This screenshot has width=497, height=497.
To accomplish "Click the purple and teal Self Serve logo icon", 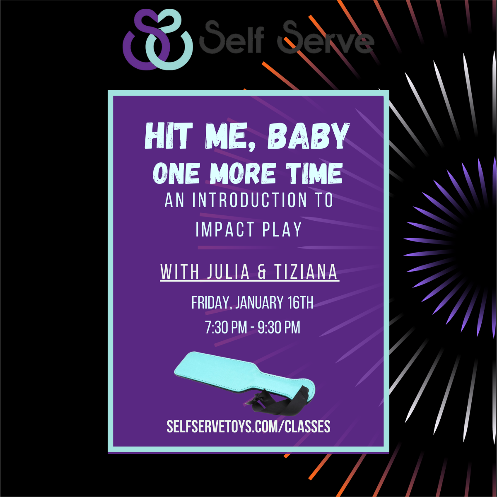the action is point(157,39).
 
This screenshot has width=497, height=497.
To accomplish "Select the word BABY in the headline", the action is point(309,136).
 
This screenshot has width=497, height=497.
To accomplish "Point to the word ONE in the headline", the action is point(176,173).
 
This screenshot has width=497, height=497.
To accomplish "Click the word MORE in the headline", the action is point(243,173).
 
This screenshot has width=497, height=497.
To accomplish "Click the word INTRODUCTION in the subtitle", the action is point(250,200).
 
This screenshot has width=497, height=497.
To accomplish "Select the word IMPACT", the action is point(225,229).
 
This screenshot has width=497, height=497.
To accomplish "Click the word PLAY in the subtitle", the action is point(282,229).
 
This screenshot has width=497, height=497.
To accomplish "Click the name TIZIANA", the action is point(306,271).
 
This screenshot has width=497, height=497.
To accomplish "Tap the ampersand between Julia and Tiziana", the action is point(262,272).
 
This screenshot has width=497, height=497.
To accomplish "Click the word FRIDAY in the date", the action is point(210,303).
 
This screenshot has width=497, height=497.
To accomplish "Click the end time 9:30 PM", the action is point(279,328).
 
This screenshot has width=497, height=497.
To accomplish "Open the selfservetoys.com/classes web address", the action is point(248,427).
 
